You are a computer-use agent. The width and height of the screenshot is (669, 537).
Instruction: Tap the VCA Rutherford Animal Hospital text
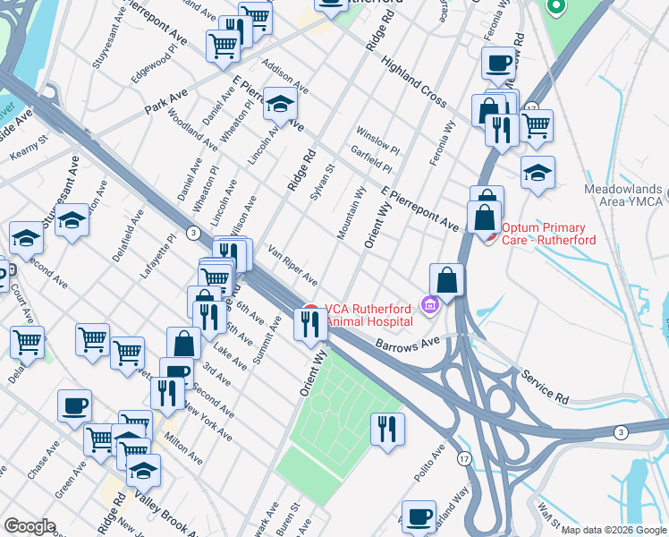coord(369,315)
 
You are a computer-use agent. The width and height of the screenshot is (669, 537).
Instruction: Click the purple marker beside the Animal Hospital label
coord(430,307)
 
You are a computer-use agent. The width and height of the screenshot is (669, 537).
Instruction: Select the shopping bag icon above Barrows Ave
coord(446,279)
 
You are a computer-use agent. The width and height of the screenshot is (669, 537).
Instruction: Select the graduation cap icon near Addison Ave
coord(280,105)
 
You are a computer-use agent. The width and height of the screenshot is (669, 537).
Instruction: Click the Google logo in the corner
coord(29,526)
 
